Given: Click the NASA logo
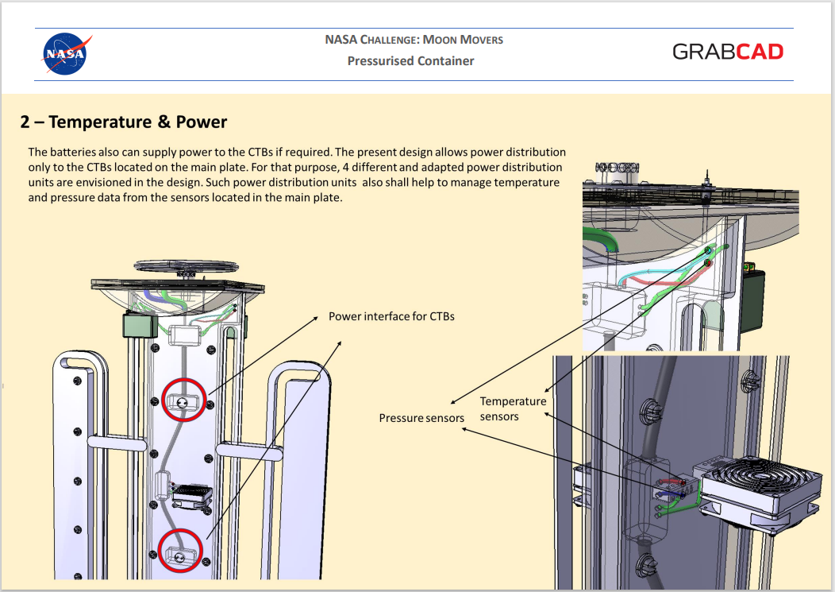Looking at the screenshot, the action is click(66, 53).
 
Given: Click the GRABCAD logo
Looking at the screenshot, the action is click(727, 52).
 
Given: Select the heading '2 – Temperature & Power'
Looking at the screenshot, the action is click(124, 122).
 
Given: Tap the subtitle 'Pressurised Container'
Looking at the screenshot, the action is click(410, 61).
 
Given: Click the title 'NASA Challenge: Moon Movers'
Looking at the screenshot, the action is click(414, 40).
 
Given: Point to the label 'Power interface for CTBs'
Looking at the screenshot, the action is click(391, 316).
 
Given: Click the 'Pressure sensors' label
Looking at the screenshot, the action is click(421, 418).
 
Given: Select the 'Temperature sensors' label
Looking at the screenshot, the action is click(513, 408).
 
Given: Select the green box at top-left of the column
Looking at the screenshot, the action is click(140, 325).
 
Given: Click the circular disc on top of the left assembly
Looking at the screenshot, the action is click(186, 265).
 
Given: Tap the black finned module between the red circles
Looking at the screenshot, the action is click(191, 496).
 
